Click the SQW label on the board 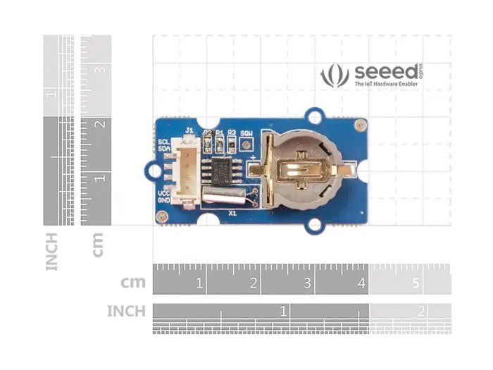tap(246, 132)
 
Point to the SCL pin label tap(163, 141)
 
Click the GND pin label tap(163, 200)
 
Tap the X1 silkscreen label tap(232, 211)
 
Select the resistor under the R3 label tap(232, 144)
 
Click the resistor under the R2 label tap(208, 144)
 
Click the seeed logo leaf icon tap(335, 75)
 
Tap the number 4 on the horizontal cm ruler tap(362, 283)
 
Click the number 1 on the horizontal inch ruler tap(283, 310)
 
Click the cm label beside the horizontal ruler tap(133, 283)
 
